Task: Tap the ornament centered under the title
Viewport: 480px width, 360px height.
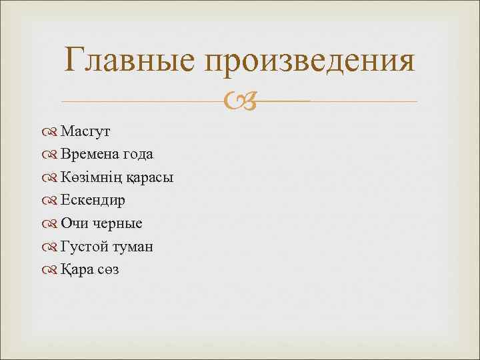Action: tap(239, 102)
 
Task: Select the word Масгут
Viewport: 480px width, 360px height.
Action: tap(85, 131)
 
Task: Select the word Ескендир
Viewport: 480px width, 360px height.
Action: tap(93, 201)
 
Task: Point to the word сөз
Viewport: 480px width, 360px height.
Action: tap(108, 270)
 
